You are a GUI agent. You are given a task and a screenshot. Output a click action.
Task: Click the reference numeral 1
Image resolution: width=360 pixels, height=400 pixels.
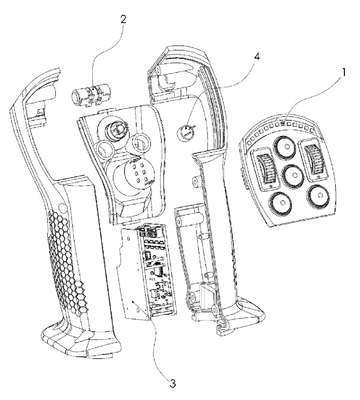pos(344,72)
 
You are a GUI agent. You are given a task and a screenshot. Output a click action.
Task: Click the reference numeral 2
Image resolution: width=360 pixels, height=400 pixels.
pos(123,19)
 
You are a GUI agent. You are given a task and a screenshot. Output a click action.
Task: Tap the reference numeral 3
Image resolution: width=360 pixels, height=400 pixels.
pos(172,383)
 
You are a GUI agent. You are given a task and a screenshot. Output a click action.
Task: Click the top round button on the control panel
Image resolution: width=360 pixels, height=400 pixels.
pos(286,146)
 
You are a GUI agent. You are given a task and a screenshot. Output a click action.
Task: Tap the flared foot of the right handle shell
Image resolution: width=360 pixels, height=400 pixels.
pos(241,315)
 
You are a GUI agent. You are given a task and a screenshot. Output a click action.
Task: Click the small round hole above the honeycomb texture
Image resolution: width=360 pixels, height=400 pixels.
pos(61,207)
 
